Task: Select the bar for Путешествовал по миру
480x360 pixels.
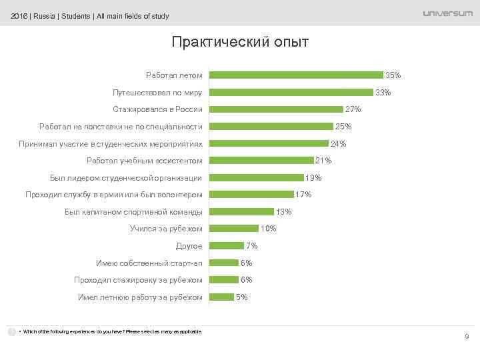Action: [291, 92]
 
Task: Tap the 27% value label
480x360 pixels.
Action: [353, 109]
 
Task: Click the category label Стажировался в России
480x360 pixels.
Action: [158, 109]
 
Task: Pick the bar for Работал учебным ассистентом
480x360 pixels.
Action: [261, 161]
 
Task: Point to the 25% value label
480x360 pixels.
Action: [343, 127]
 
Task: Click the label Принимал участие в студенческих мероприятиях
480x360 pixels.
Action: [111, 143]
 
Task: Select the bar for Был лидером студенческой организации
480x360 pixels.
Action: [256, 178]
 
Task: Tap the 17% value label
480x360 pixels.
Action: [303, 195]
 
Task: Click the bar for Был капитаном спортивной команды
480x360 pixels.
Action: [241, 212]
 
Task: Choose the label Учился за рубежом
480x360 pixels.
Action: [166, 229]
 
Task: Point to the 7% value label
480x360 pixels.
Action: [251, 246]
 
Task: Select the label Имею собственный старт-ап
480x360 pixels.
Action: [149, 263]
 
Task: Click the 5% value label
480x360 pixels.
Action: [242, 297]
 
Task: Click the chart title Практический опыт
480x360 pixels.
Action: [240, 42]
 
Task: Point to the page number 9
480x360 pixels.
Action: [466, 337]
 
